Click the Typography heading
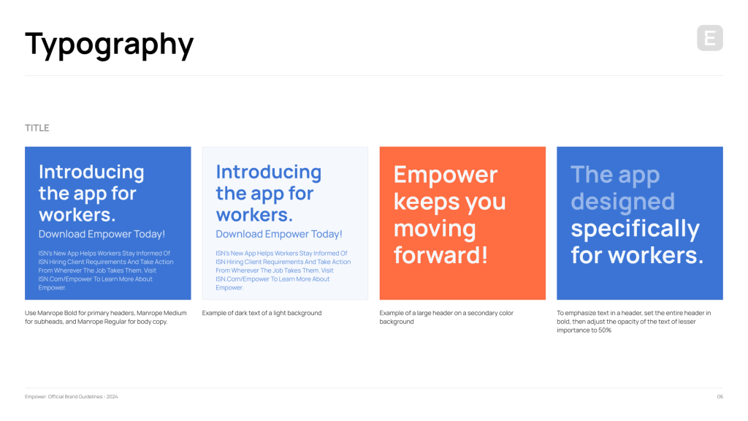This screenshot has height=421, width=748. tap(110, 45)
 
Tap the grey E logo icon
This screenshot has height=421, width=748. tap(710, 38)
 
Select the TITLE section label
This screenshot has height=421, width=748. tap(37, 128)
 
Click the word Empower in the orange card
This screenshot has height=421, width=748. tap(446, 175)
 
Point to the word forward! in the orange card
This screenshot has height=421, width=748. tap(440, 255)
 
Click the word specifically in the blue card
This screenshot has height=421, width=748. tap(635, 230)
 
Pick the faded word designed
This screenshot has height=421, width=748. tap(622, 202)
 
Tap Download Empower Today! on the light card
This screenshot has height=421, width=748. tap(279, 234)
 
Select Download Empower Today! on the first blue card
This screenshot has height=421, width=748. tap(102, 234)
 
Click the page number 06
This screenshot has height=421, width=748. tap(720, 397)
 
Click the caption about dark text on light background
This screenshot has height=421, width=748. tap(262, 313)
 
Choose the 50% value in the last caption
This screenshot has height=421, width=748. tap(605, 330)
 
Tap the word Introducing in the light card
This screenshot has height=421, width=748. tap(269, 172)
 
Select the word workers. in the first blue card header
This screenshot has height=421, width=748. tap(77, 215)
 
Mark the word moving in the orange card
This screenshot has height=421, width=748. tap(435, 229)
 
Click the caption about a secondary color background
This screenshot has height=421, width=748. tap(446, 317)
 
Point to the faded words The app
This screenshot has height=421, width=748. tap(615, 175)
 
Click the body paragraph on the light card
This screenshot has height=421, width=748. tap(283, 270)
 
